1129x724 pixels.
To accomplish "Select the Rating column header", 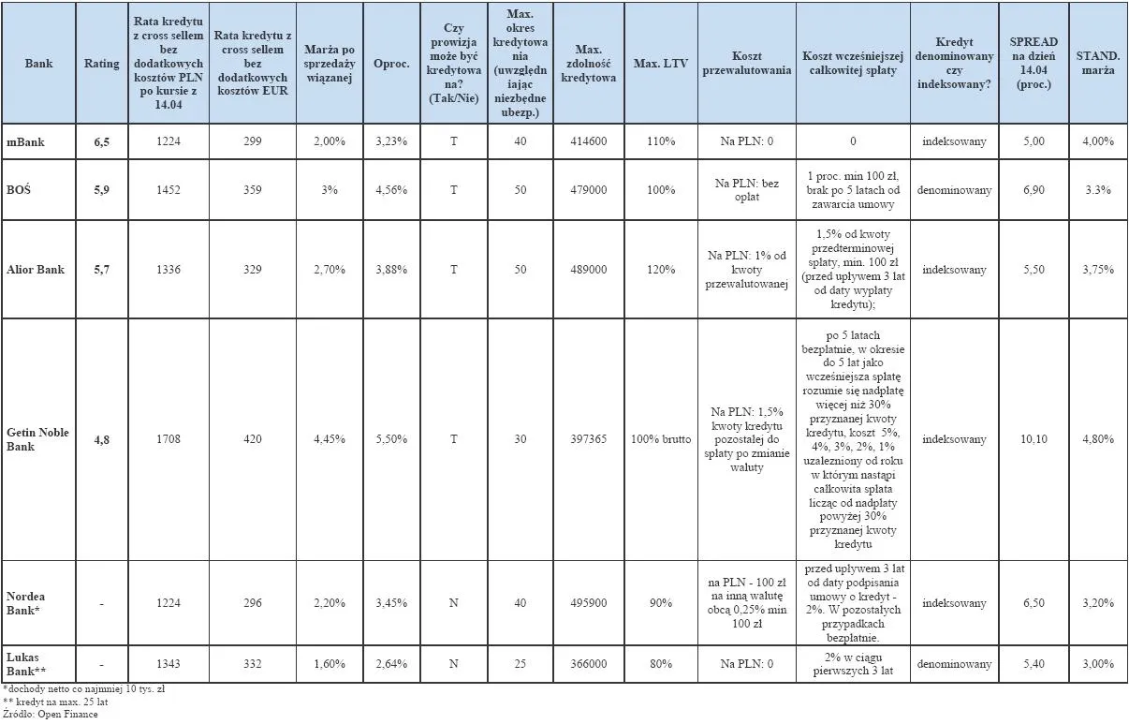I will [102, 64].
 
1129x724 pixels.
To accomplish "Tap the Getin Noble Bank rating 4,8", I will [101, 439].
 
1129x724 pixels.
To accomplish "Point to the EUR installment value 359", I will [251, 190].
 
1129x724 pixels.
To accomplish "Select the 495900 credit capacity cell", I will [588, 603].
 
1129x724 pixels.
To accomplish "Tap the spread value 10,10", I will [1034, 439].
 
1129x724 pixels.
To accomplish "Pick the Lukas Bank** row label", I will [26, 664].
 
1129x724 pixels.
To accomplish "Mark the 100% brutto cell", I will [660, 439].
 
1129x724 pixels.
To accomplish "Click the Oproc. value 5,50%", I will [390, 439].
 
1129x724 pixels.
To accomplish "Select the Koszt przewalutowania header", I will [747, 64].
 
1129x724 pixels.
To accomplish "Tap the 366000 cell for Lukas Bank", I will [588, 664].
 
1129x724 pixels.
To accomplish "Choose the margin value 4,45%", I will [328, 439].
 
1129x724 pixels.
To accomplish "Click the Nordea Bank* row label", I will [26, 603].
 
